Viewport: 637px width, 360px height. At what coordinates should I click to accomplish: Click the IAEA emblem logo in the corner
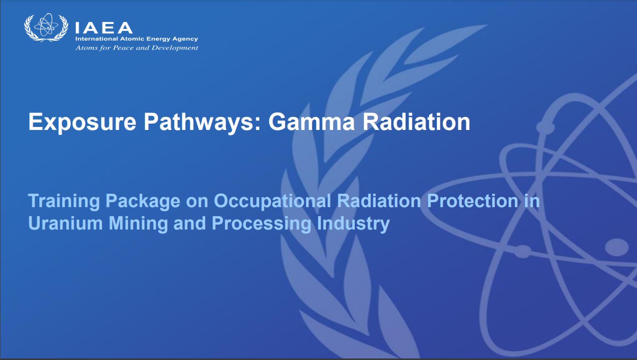tap(46, 27)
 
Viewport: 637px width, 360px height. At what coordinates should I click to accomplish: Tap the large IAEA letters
tap(104, 28)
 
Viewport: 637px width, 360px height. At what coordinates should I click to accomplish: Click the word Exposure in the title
tap(82, 122)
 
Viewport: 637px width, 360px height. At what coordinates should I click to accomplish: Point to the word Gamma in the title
tap(312, 122)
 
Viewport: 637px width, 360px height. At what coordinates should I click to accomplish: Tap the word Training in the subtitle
tap(64, 201)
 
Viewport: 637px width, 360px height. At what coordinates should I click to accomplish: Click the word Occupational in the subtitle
tap(272, 202)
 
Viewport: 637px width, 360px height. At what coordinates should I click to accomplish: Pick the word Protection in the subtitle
tap(473, 201)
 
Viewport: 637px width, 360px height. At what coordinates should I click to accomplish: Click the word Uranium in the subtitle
tap(65, 224)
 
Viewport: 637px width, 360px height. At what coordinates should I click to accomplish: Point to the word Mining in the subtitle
tap(138, 224)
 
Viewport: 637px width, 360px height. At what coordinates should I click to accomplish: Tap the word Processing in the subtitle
tap(261, 224)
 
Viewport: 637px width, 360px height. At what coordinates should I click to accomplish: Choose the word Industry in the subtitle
tap(353, 224)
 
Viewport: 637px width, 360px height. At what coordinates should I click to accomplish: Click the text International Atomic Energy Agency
tap(136, 39)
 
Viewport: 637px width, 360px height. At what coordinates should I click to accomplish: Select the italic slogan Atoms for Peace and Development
tap(137, 47)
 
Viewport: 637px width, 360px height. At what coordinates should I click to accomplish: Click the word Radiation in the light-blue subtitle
tap(379, 201)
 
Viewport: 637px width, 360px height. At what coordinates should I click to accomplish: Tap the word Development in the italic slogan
tap(175, 47)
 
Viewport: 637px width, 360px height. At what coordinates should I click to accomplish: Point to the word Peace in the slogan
tap(123, 47)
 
